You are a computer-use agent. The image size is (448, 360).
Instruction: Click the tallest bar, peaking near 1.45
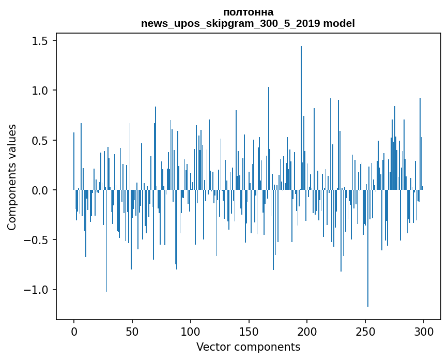pyautogui.click(x=301, y=118)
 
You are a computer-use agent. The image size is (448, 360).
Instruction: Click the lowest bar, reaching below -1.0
pyautogui.click(x=368, y=248)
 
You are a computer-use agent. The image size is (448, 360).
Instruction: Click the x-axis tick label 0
pyautogui.click(x=74, y=332)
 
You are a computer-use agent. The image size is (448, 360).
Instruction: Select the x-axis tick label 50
pyautogui.click(x=132, y=332)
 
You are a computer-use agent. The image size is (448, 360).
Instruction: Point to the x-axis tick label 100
pyautogui.click(x=190, y=332)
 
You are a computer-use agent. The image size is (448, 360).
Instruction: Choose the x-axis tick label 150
pyautogui.click(x=249, y=332)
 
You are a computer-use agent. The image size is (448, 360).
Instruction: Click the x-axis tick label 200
pyautogui.click(x=307, y=332)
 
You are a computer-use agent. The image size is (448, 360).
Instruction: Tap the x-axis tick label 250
pyautogui.click(x=365, y=332)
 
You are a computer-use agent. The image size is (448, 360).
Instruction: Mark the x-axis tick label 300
pyautogui.click(x=423, y=332)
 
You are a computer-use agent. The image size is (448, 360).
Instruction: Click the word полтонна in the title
pyautogui.click(x=248, y=12)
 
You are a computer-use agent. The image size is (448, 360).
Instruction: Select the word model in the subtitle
pyautogui.click(x=339, y=23)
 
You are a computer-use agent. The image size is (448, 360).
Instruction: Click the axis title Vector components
pyautogui.click(x=248, y=347)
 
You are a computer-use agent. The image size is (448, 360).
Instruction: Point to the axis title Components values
pyautogui.click(x=12, y=177)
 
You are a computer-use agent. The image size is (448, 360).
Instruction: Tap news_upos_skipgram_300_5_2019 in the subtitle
pyautogui.click(x=230, y=23)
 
